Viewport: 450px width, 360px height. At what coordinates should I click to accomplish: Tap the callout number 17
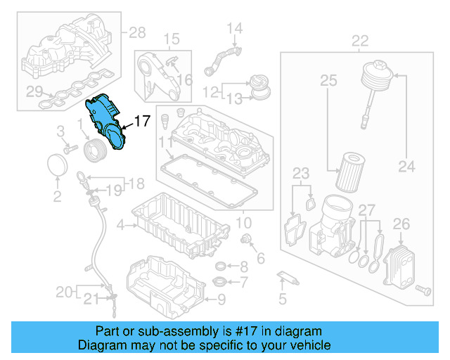141,122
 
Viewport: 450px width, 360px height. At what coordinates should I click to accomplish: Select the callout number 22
359,40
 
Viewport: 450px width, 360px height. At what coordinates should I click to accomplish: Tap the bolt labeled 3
70,149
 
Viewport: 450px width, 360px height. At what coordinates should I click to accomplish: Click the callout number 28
136,32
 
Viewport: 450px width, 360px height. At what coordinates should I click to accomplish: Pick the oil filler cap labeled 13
262,90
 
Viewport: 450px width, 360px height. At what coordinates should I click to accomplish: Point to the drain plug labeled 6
246,241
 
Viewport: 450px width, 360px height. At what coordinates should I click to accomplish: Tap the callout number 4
120,226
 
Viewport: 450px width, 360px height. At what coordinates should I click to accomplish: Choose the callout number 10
243,224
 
